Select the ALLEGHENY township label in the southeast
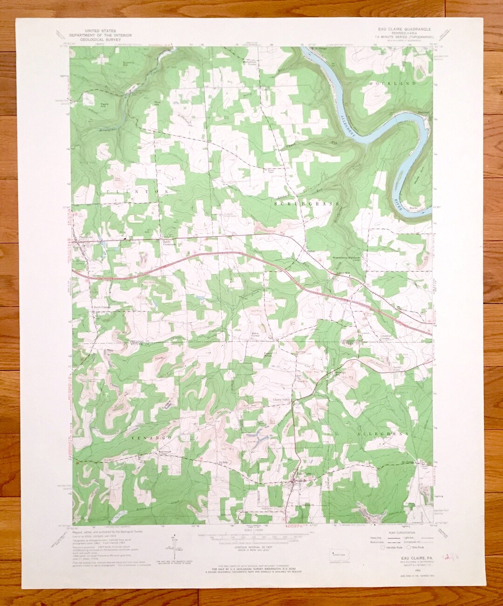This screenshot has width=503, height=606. (384, 434)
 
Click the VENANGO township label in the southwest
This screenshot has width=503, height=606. (148, 439)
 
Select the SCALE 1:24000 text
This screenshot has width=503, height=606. (252, 530)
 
